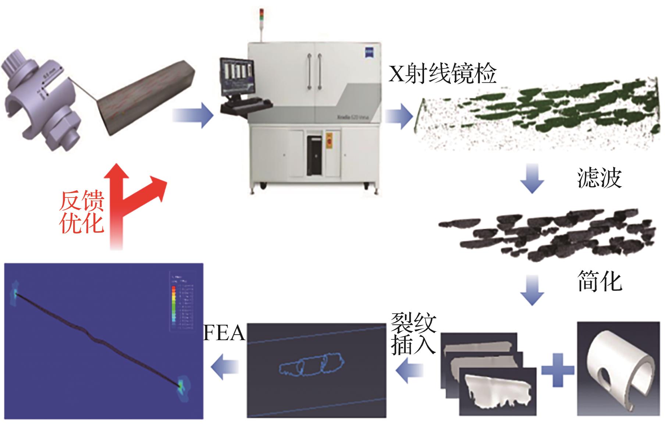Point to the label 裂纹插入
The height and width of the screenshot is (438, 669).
(413, 334)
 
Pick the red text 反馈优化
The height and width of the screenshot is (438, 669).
(82, 212)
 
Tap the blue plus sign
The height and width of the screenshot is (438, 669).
(558, 370)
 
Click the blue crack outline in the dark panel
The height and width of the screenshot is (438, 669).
(312, 365)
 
